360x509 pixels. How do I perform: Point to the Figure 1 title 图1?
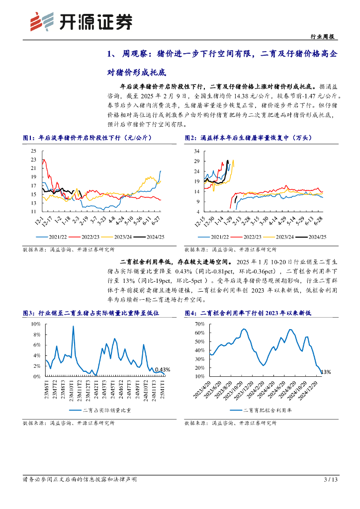pos(28,138)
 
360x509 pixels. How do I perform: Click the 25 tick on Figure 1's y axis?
pos(33,151)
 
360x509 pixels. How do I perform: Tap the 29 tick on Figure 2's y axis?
pos(196,161)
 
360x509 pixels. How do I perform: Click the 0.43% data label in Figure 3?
pos(162,369)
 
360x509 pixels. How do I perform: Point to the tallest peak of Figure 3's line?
pos(73,326)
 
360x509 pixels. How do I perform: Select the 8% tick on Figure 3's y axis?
pos(36,334)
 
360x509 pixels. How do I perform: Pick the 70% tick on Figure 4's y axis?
pos(199,324)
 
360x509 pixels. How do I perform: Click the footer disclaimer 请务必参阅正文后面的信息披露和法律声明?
pos(80,479)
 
